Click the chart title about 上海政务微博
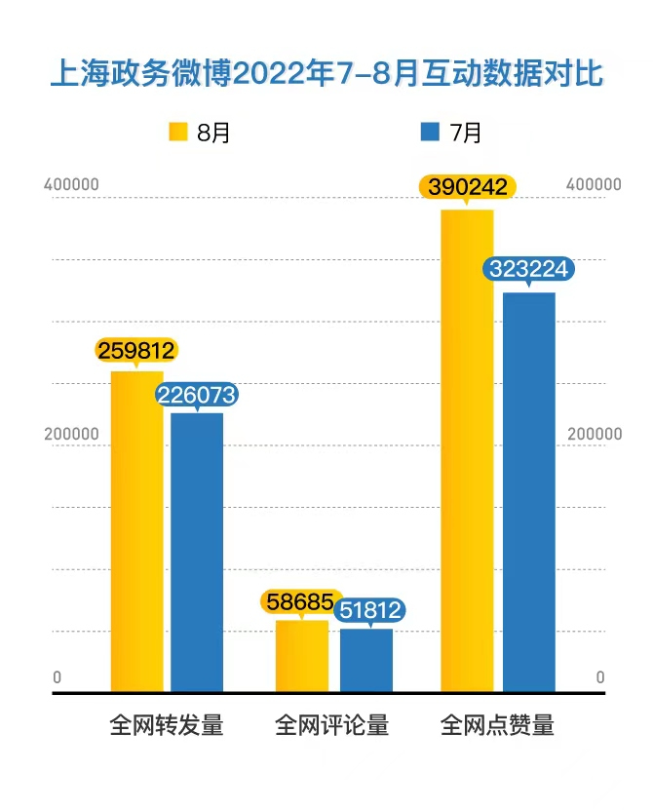click(x=326, y=74)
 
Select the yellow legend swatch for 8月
click(x=178, y=132)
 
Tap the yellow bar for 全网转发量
click(x=136, y=531)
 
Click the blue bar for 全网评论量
click(x=366, y=660)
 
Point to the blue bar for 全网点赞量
click(x=529, y=492)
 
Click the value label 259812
click(x=135, y=350)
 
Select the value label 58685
click(x=301, y=601)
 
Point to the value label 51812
click(x=369, y=611)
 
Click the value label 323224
click(x=529, y=270)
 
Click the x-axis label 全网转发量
click(x=167, y=726)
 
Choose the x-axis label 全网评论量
click(x=332, y=726)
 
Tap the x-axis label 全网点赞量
click(x=497, y=726)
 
